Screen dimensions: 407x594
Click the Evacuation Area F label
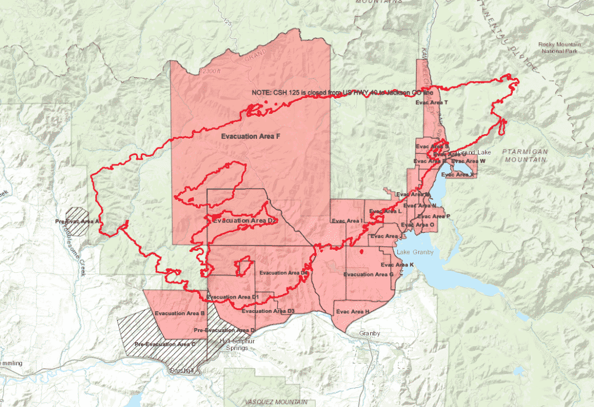point(251,136)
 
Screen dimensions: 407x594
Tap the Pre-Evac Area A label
point(77,222)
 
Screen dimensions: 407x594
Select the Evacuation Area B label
point(180,313)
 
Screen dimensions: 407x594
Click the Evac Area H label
point(353,312)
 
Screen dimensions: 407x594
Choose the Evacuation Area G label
point(368,274)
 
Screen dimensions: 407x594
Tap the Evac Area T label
point(432,102)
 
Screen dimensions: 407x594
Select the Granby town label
point(370,333)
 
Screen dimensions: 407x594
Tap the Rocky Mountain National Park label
point(559,48)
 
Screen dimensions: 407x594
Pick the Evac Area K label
point(398,265)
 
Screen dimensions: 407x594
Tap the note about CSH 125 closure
point(342,93)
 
